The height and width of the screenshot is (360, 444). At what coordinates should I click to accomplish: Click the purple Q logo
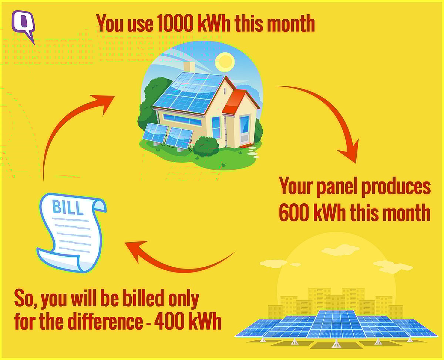[23, 25]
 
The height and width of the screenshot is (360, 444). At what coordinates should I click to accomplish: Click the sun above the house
[225, 62]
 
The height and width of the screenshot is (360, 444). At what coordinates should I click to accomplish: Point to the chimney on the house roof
[189, 67]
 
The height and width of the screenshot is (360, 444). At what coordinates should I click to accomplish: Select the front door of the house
[245, 130]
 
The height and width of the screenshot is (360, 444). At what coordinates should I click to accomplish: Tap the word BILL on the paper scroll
[68, 208]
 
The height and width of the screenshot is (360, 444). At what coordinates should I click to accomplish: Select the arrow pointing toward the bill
[178, 259]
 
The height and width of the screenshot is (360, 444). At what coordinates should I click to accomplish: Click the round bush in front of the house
[206, 146]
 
